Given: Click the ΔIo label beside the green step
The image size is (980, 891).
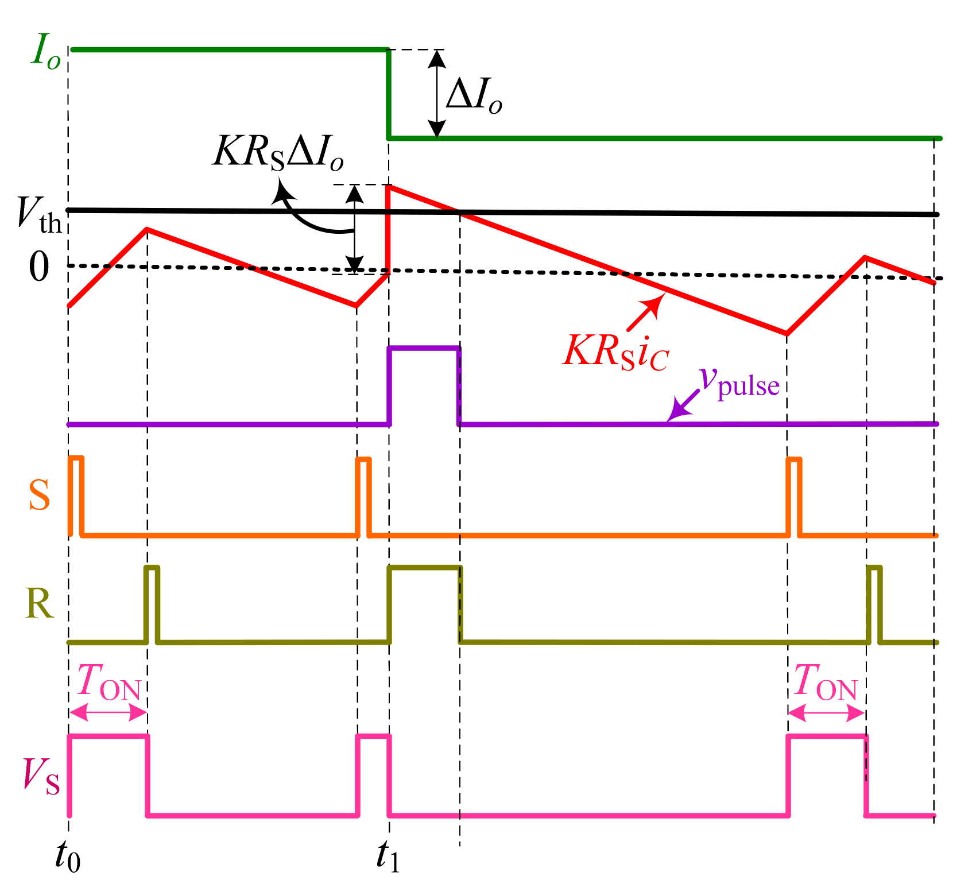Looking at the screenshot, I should tap(473, 96).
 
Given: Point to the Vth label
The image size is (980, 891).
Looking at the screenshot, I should tap(39, 215).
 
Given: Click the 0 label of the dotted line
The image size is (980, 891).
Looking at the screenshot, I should tap(38, 268).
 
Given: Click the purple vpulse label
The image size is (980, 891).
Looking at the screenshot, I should tap(739, 381).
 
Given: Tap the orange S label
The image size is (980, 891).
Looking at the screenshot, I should tap(39, 495).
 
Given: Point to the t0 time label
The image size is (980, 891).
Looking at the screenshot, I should tap(67, 857).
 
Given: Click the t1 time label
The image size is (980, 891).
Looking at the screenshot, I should tap(388, 857).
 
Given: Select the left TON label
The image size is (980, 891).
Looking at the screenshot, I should tap(109, 684).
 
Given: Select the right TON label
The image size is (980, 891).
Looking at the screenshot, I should tap(826, 684).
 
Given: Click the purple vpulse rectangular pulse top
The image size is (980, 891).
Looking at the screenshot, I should tap(424, 348).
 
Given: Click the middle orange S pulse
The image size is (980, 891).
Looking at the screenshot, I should tap(363, 494).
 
